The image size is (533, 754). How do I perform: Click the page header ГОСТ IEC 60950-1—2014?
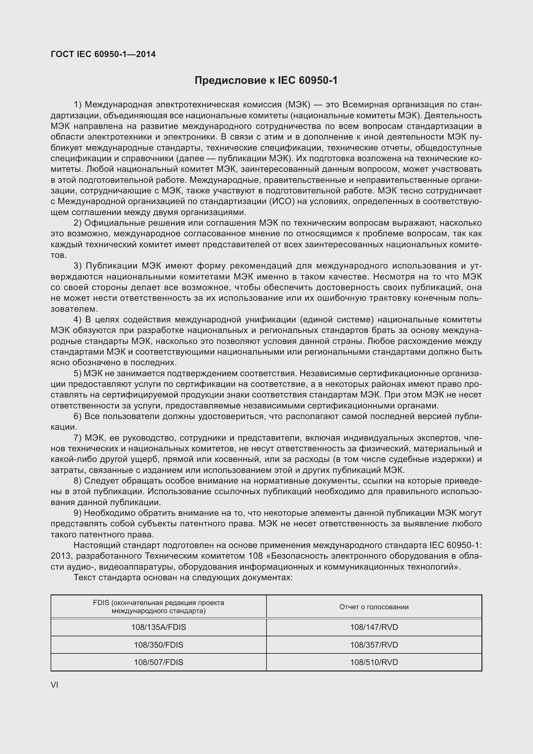103,54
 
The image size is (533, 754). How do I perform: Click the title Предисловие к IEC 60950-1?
266,81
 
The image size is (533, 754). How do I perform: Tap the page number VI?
54,685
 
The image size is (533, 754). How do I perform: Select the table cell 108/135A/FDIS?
159,627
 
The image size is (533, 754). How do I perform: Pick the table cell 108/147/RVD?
374,627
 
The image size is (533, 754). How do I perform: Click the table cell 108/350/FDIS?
159,645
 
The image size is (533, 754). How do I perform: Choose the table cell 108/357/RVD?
374,645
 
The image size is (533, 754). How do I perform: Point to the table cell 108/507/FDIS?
159,662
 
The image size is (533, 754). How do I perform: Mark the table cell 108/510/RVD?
374,662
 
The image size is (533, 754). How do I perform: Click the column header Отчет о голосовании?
374,607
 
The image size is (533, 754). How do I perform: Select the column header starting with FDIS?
159,607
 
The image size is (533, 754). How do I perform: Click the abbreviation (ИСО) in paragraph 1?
282,201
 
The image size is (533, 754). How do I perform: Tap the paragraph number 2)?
77,223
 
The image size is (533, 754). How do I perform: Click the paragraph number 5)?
77,373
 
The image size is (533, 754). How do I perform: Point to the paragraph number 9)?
77,513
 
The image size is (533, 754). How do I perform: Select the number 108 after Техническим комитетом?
256,556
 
